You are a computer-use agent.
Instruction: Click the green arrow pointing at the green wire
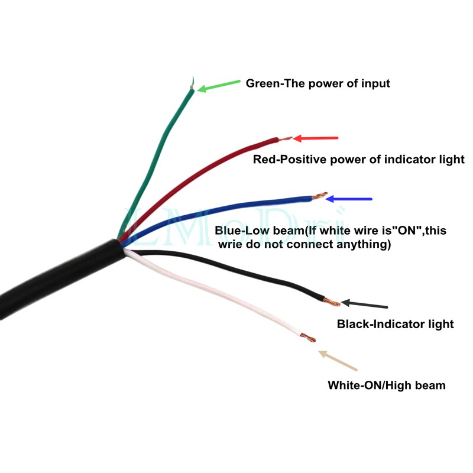pos(219,86)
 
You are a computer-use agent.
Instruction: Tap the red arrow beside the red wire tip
pos(316,138)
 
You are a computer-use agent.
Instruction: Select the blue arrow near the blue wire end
pos(349,199)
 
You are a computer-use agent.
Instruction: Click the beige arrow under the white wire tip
pos(338,361)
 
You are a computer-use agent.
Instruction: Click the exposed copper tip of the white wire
pos(309,338)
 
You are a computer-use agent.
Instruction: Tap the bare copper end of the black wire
pos(332,302)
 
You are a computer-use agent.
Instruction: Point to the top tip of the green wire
pos(193,77)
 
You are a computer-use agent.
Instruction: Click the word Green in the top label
pos(263,83)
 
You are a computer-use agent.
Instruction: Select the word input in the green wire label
pos(375,84)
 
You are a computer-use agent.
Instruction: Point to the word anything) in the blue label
pos(364,244)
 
